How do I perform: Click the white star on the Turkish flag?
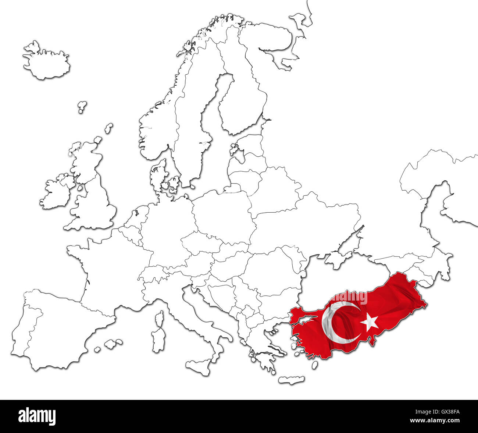coord(369,322)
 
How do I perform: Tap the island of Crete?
coord(291,380)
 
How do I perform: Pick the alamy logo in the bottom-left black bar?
coord(37,416)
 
